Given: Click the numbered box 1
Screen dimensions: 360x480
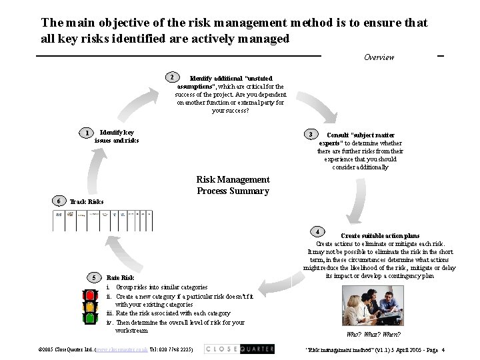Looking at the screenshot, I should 87,133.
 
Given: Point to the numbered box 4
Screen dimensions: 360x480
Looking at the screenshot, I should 319,231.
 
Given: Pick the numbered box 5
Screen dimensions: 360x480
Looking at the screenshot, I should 94,277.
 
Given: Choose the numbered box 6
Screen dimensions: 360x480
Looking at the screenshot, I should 59,201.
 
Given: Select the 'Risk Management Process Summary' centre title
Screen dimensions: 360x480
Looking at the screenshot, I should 233,185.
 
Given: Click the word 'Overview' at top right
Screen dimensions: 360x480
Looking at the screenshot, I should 379,57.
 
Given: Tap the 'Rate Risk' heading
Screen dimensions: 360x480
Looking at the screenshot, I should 120,277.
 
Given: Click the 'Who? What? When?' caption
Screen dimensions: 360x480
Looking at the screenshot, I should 373,334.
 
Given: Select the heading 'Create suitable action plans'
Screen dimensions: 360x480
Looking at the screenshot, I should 380,235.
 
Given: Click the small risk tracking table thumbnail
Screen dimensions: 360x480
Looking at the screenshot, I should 103,219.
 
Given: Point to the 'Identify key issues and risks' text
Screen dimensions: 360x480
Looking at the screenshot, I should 117,137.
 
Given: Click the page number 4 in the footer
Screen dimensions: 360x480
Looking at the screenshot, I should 443,349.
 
